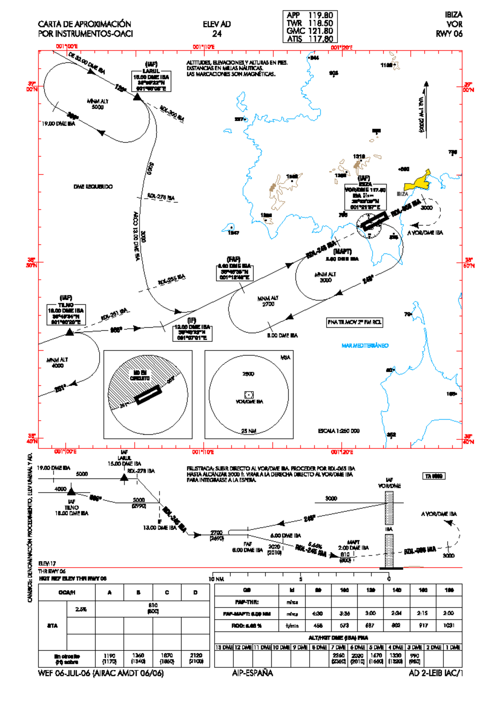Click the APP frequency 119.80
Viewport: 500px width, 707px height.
tap(320, 15)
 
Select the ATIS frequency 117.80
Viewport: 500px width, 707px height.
tap(320, 39)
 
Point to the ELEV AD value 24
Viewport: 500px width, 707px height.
tap(217, 34)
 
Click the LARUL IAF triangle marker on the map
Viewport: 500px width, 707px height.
tap(137, 97)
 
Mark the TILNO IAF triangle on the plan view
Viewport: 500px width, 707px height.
tap(70, 332)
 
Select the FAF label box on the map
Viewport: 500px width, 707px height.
tap(234, 271)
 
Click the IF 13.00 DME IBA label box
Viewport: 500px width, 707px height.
tap(192, 332)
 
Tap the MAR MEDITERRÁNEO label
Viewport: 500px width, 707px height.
tap(365, 346)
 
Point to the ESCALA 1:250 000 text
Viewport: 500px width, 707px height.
tap(338, 431)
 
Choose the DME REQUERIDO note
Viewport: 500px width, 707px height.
tap(93, 187)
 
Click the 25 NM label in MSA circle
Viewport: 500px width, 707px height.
tap(249, 431)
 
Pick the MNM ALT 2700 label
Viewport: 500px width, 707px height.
tap(268, 301)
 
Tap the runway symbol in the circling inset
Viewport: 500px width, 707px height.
tap(148, 394)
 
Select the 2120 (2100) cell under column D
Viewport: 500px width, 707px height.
tap(195, 658)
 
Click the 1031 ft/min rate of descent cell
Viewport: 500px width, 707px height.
tap(449, 625)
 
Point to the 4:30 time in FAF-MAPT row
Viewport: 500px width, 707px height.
tap(318, 613)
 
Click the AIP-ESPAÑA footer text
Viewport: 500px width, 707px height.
tap(252, 673)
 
